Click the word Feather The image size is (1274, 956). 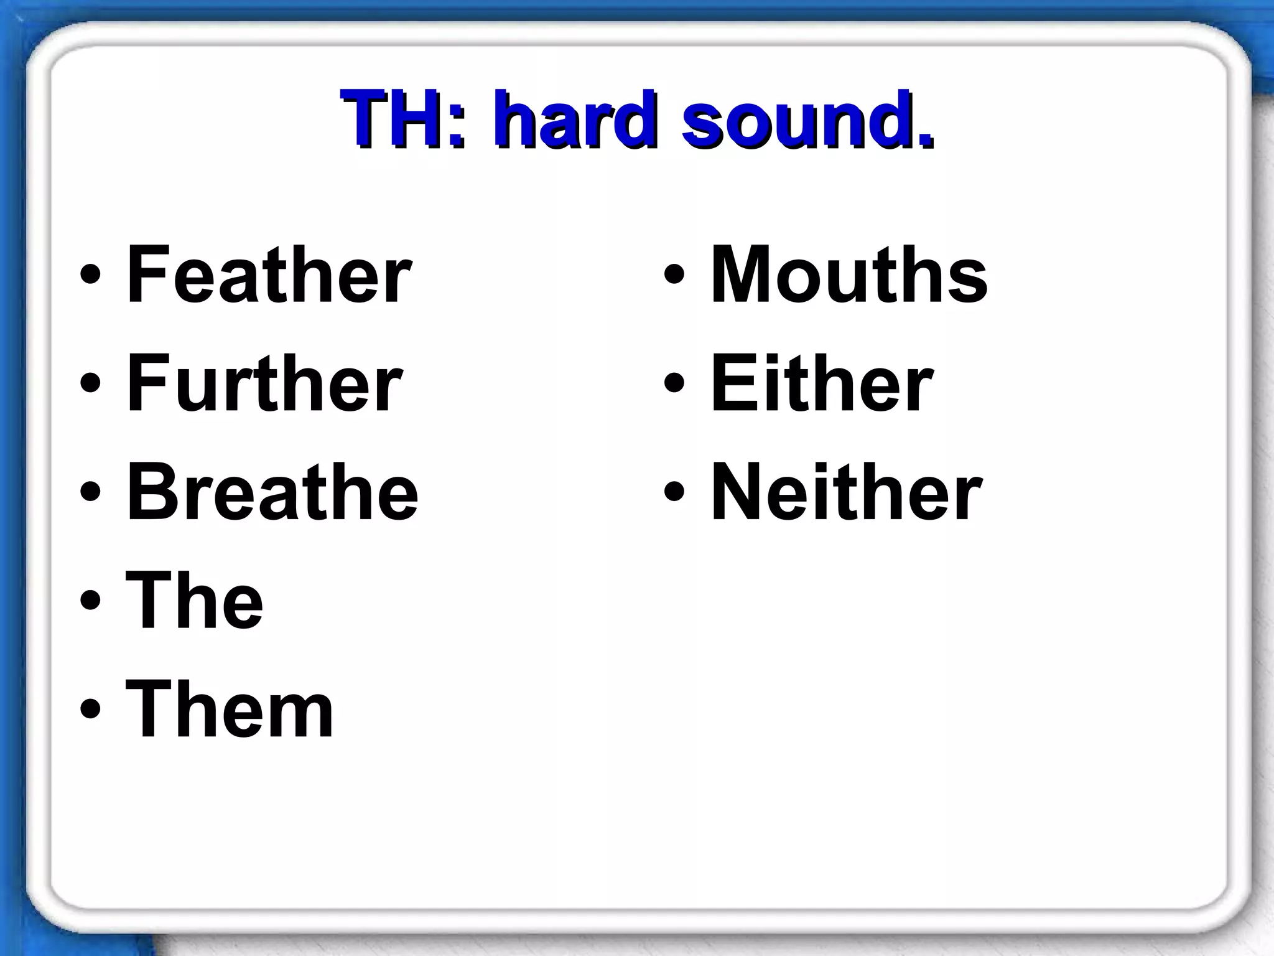coord(269,274)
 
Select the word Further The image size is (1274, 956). coord(264,383)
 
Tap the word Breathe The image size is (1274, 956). coord(272,492)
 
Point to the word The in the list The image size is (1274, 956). coord(195,601)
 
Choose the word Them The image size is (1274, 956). coord(230,710)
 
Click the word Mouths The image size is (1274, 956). coord(849,274)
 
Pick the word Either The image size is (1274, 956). coord(822,383)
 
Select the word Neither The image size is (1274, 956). coord(846,492)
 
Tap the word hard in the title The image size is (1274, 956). coord(575,119)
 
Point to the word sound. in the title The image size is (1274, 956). coord(807,119)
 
